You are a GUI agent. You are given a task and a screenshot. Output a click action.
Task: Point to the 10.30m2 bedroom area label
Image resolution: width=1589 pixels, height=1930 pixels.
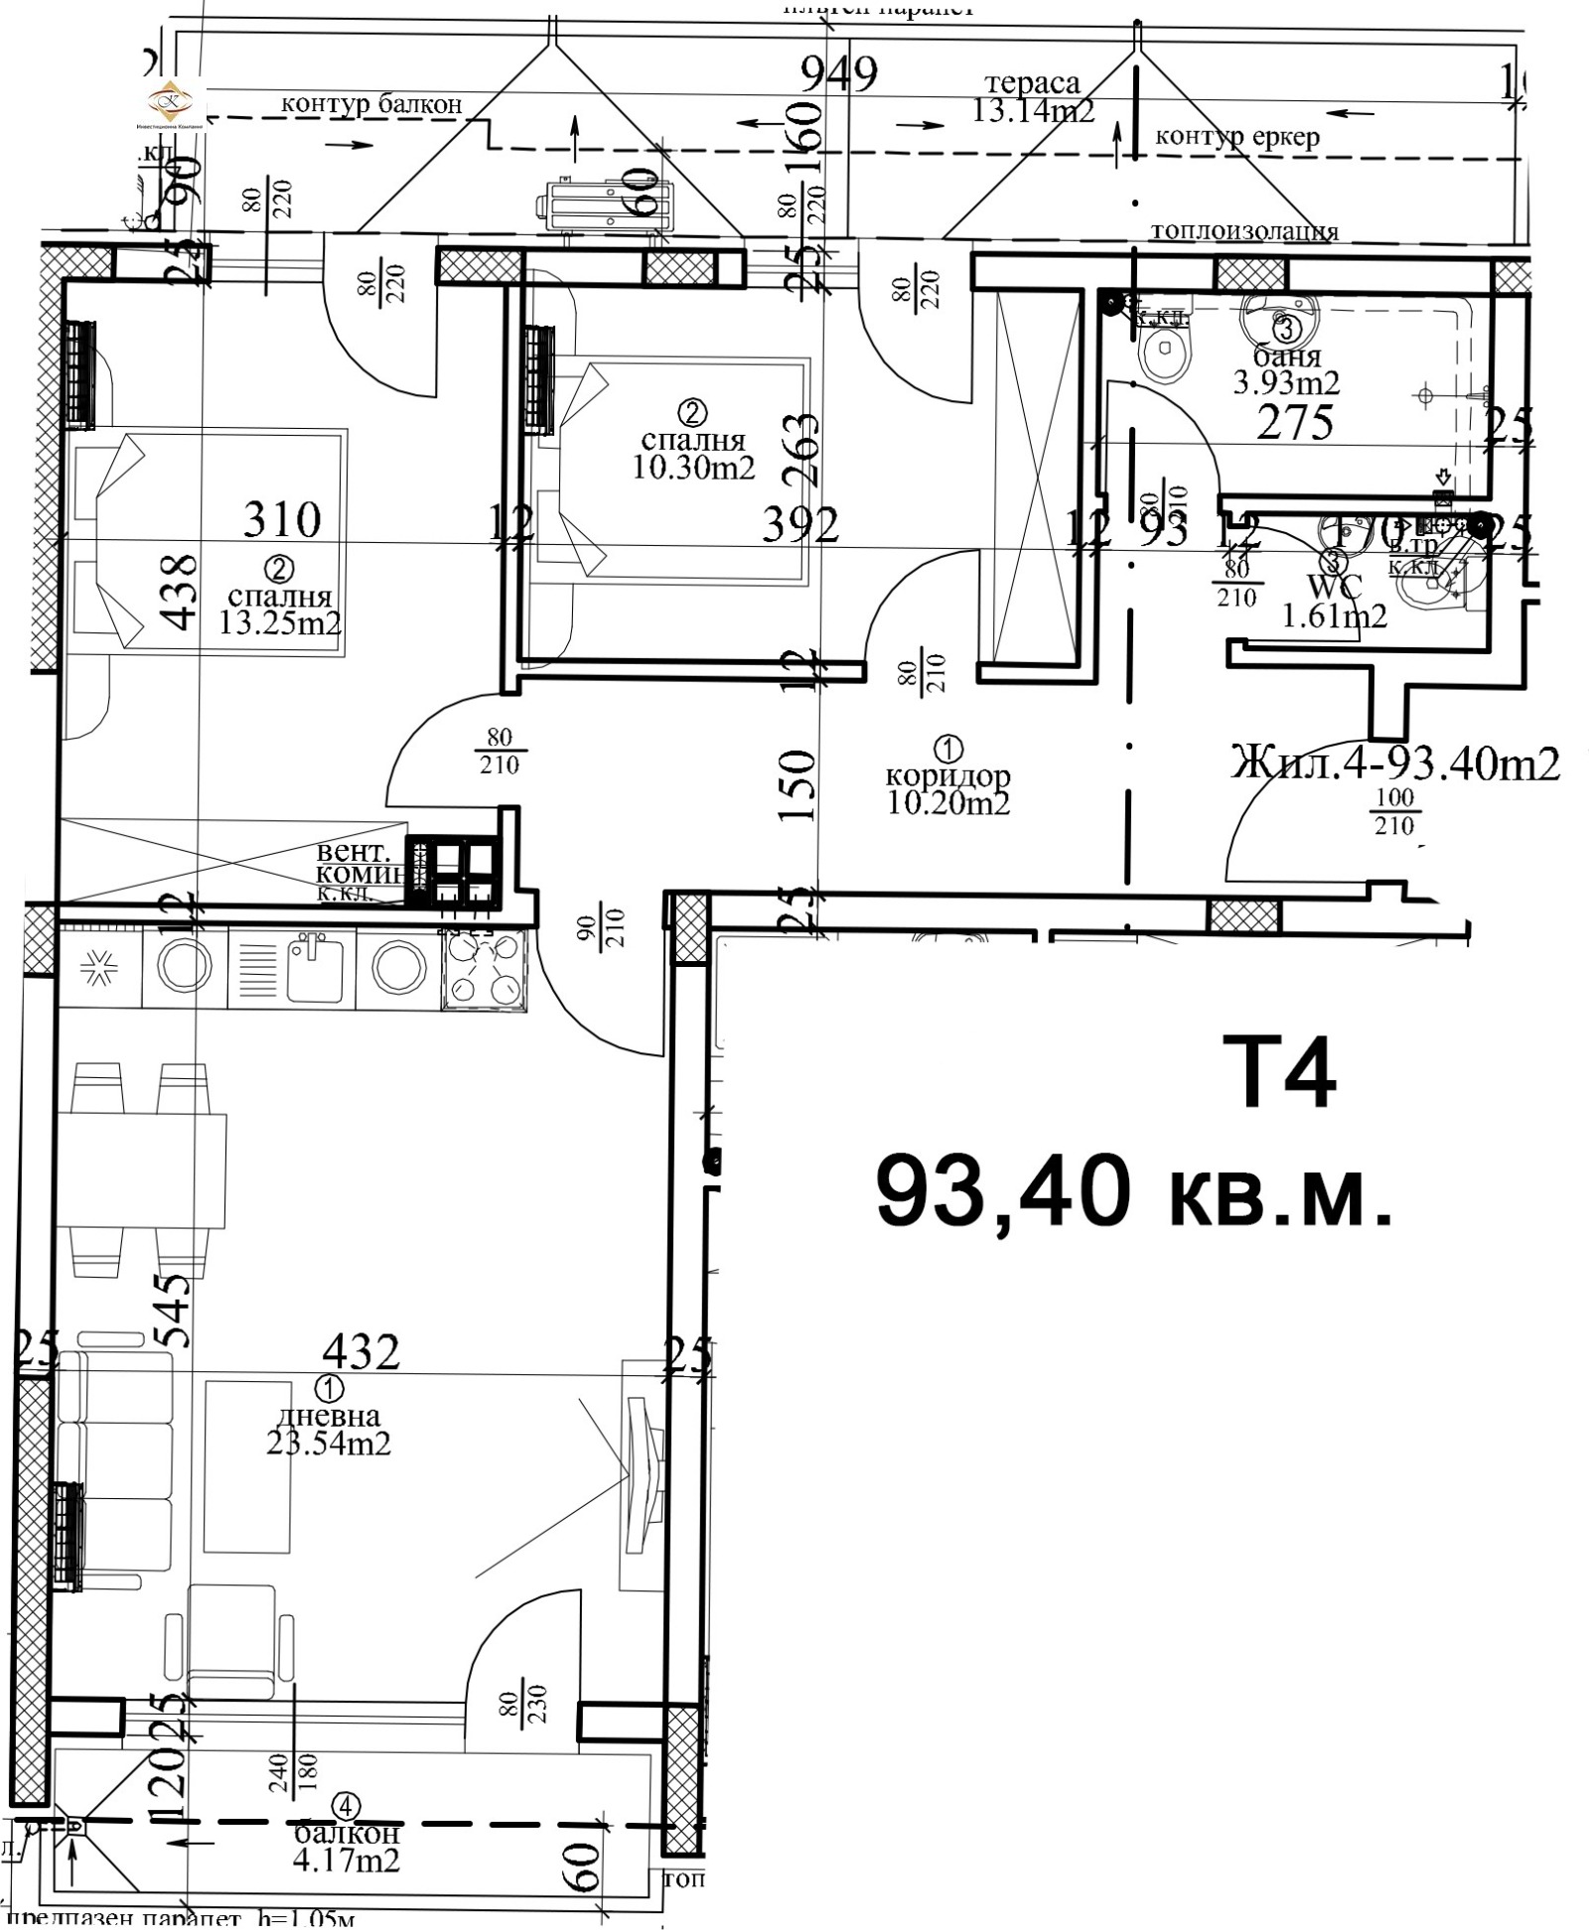pos(693,466)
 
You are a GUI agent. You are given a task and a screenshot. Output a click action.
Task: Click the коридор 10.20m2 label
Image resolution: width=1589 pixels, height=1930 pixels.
pos(947,790)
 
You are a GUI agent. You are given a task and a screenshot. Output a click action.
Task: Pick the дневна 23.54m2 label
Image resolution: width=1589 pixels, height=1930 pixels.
pos(328,1431)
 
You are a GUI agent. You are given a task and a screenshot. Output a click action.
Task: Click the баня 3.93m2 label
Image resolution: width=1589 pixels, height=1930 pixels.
pos(1286,369)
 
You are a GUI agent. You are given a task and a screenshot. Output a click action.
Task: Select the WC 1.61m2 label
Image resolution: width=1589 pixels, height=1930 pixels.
pos(1335,603)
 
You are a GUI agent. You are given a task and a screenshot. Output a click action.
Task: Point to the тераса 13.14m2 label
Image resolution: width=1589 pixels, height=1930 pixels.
pos(1033,98)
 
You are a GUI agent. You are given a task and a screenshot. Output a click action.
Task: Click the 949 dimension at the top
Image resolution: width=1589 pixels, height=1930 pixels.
pos(839,74)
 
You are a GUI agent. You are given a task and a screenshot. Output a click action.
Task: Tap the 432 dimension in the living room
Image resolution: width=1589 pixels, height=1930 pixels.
pos(361,1351)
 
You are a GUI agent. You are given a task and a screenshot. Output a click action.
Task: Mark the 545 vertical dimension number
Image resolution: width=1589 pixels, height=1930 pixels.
pos(175,1310)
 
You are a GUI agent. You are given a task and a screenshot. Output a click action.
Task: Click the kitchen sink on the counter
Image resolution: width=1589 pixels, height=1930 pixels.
pos(314,967)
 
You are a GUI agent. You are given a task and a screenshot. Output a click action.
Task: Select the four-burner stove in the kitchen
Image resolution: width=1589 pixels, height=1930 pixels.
pos(485,970)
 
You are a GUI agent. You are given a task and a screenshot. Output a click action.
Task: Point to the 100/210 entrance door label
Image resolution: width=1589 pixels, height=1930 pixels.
pos(1393,812)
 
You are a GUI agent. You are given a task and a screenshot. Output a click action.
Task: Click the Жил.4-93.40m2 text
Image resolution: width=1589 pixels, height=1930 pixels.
pos(1394,763)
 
